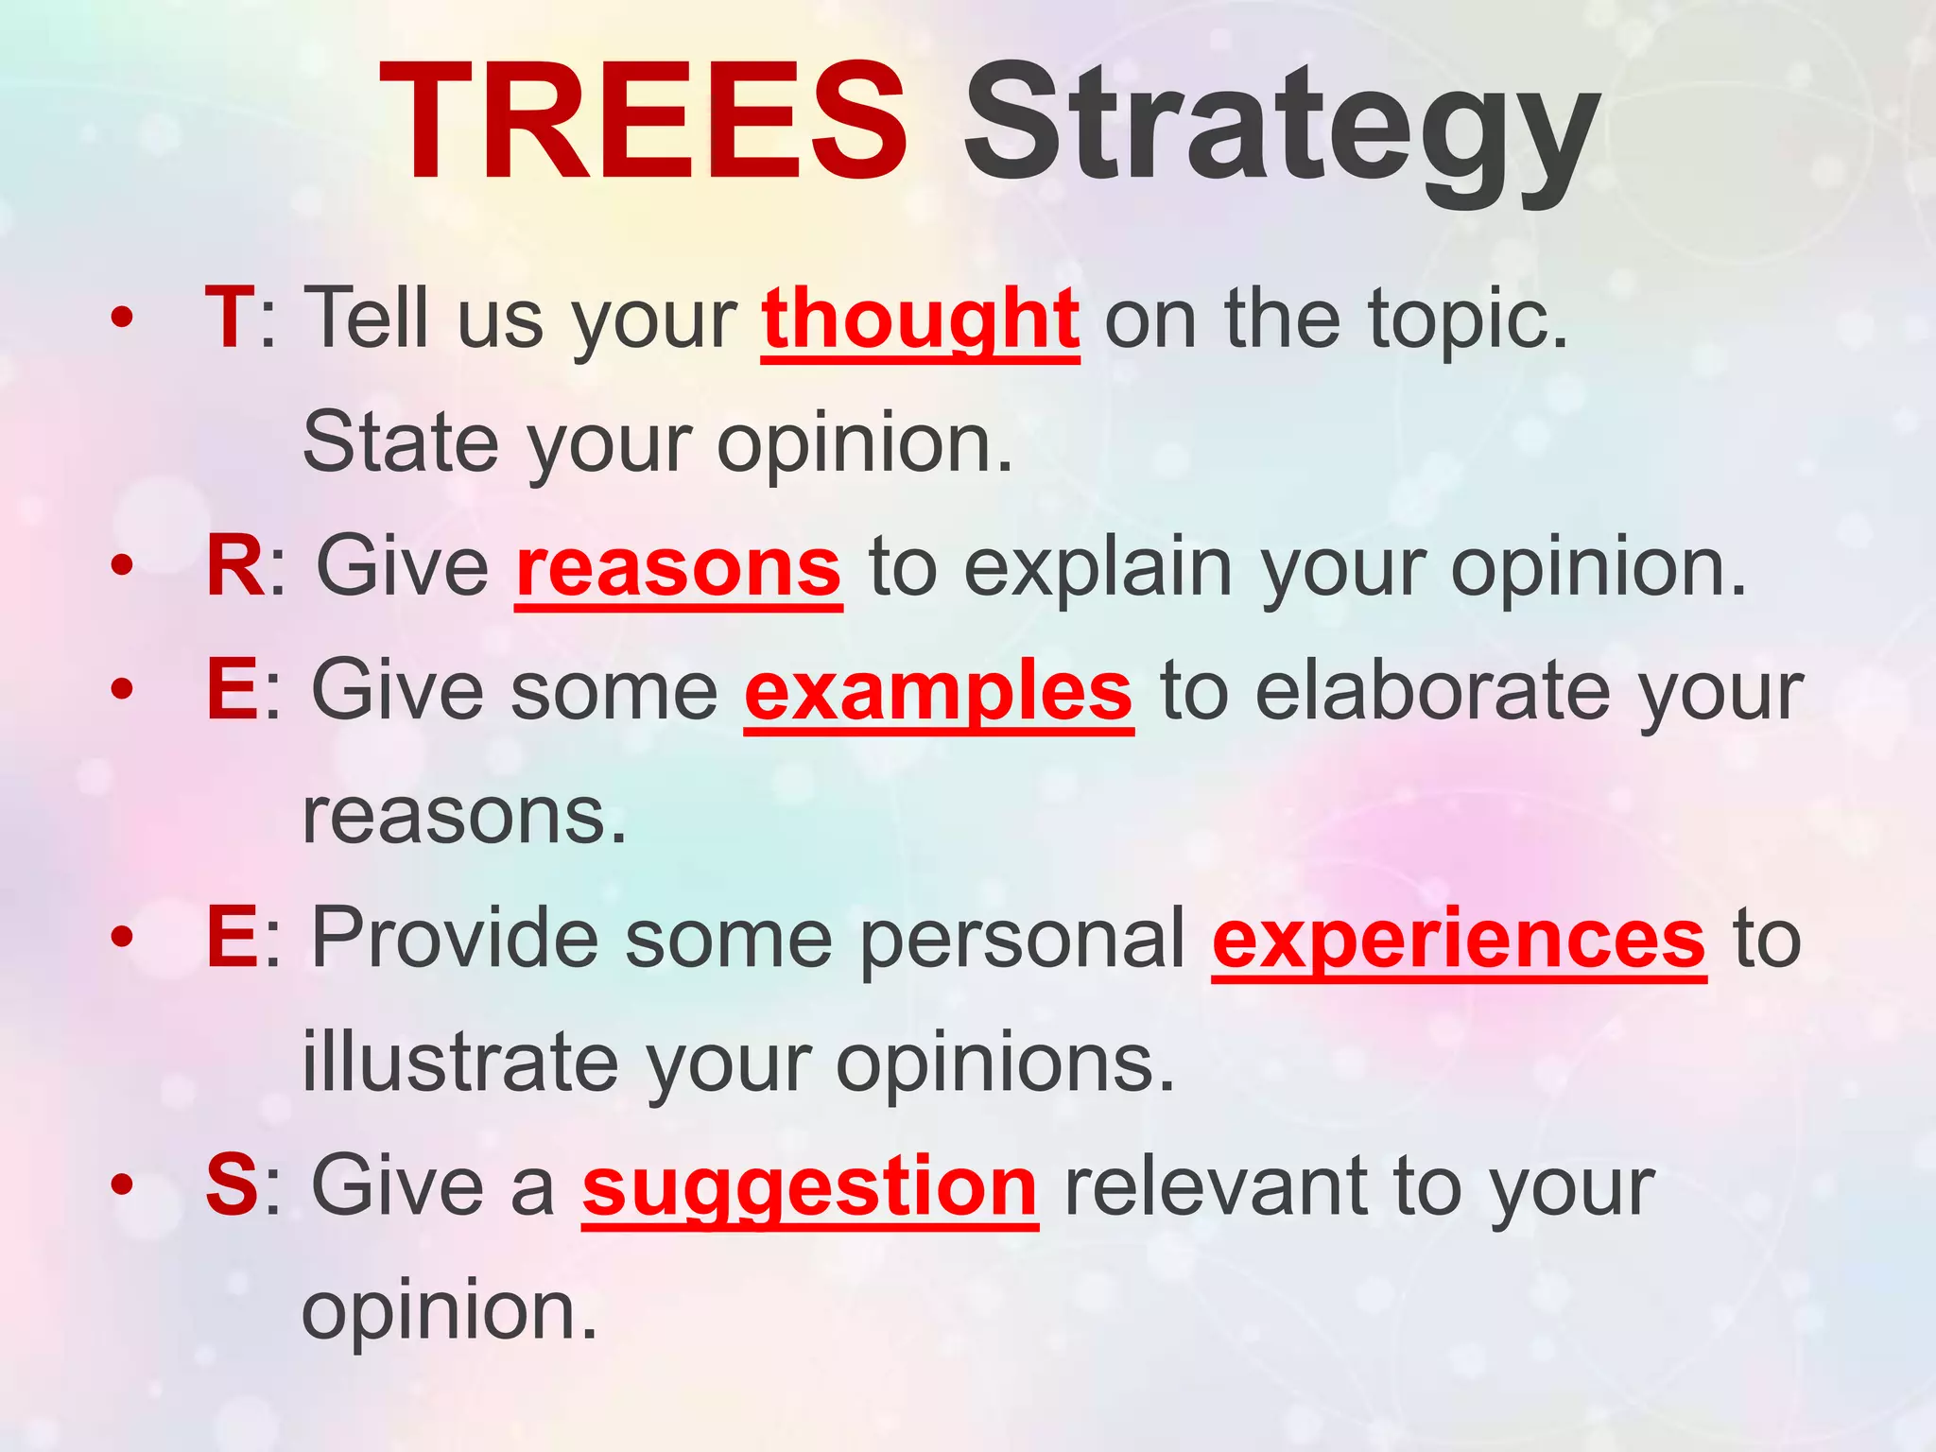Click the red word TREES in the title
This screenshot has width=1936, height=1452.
click(643, 123)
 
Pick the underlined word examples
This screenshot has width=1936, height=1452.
click(938, 693)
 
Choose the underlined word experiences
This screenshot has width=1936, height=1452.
click(1459, 941)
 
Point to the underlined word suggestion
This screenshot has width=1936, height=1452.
click(809, 1188)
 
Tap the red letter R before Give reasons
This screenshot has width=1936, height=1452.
click(235, 567)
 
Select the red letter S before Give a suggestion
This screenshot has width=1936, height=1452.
click(232, 1186)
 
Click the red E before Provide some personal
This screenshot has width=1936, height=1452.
click(232, 938)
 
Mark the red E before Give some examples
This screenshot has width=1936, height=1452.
click(232, 690)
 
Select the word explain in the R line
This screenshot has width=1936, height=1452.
click(1098, 569)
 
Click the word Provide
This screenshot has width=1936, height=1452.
click(454, 938)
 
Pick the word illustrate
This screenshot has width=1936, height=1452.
click(459, 1063)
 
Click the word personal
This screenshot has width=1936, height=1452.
click(1022, 940)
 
